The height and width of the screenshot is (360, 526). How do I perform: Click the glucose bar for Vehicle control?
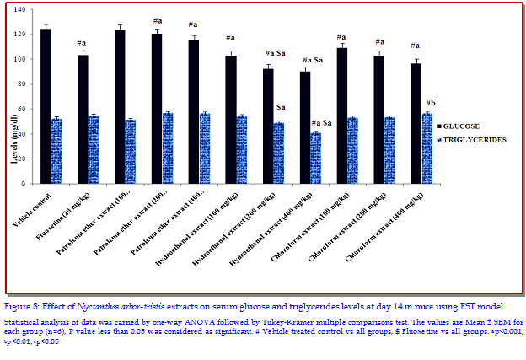46,106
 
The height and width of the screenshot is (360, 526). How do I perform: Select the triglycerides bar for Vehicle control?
56,151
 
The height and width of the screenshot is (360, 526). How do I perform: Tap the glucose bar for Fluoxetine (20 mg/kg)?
83,119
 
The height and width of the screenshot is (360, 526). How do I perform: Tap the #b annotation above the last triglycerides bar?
431,103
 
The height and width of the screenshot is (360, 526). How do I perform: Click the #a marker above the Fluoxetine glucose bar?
83,44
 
